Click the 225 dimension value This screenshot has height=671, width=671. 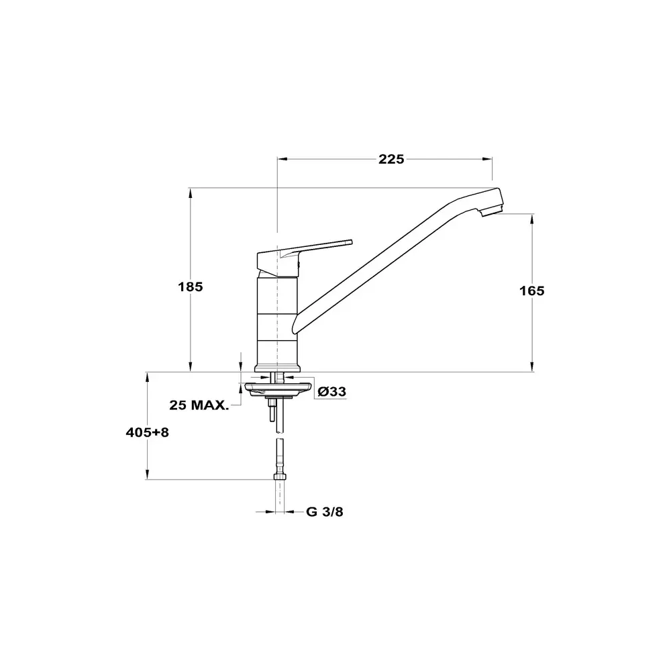(391, 159)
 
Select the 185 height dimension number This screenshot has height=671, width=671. (191, 287)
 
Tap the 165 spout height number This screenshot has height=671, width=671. (532, 291)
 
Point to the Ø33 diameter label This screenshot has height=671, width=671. (332, 392)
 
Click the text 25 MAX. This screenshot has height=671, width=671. (199, 405)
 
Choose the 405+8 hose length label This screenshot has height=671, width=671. (147, 433)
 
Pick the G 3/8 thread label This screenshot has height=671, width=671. (325, 512)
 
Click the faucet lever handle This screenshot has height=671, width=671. (304, 257)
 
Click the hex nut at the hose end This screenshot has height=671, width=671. (280, 476)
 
